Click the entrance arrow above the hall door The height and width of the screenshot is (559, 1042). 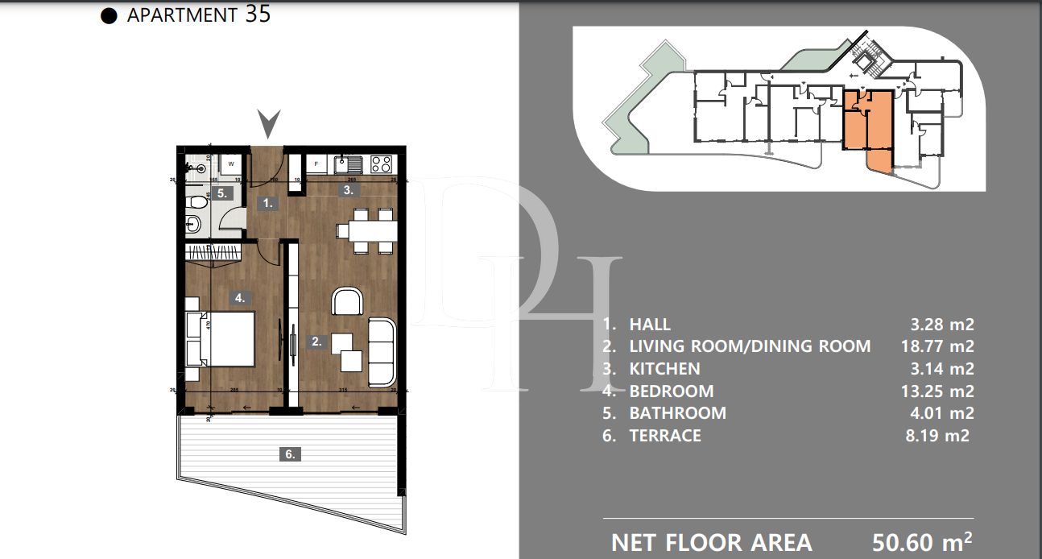[269, 124]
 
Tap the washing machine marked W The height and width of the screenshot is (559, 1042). [231, 164]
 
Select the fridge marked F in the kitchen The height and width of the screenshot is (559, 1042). [317, 164]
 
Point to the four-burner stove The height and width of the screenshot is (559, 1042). [381, 164]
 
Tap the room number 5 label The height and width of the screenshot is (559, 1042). [223, 193]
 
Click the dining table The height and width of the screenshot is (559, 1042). [366, 230]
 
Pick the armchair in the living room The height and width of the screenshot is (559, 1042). [347, 301]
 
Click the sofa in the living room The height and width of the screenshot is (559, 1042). [382, 350]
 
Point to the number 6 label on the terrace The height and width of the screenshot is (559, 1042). [290, 454]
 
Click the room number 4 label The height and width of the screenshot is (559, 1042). [239, 298]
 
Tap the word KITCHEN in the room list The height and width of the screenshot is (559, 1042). [664, 369]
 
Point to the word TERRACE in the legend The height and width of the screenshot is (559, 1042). [664, 436]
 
